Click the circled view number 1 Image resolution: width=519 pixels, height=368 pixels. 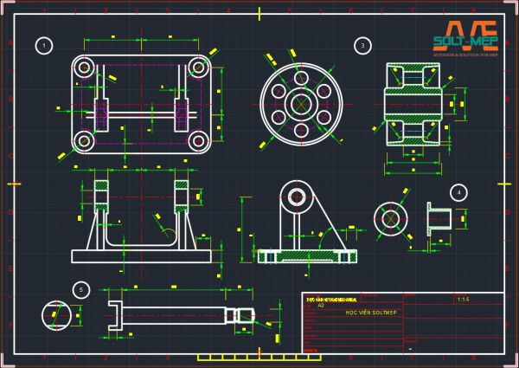(x=44, y=45)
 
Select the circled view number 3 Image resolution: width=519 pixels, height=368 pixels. (x=362, y=45)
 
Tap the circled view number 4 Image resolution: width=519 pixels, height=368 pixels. (x=459, y=192)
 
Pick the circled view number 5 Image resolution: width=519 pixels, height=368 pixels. (x=81, y=289)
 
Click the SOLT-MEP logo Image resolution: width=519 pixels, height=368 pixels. (x=465, y=39)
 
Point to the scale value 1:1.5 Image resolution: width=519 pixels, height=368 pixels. (x=463, y=299)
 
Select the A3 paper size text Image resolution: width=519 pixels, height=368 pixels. (x=321, y=305)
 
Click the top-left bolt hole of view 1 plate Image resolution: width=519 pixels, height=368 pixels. (x=84, y=68)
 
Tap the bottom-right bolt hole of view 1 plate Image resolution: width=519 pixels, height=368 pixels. (x=198, y=140)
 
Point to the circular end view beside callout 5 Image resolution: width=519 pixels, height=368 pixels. (x=57, y=314)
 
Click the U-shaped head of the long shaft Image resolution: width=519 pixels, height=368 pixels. (x=115, y=315)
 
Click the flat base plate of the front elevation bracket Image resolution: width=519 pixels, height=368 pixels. (x=141, y=256)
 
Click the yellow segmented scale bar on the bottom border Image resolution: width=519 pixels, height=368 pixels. (x=247, y=357)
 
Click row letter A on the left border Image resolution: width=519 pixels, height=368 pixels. (x=10, y=43)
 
